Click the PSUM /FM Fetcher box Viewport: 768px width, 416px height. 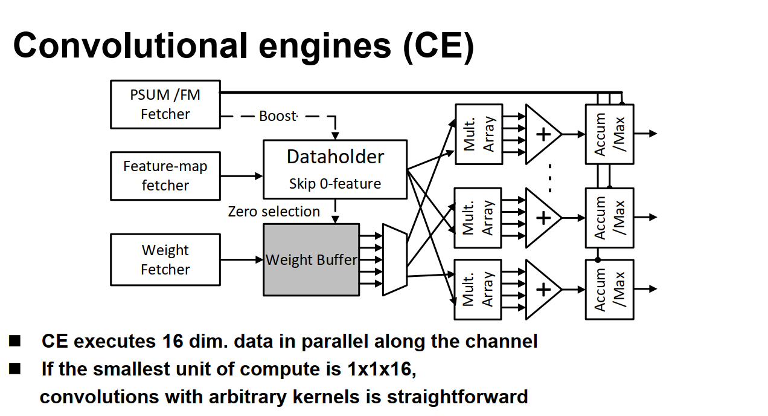[x=165, y=105]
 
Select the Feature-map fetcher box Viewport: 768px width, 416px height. [x=165, y=176]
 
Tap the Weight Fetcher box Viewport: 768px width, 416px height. [x=165, y=260]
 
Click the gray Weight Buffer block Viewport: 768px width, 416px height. [x=311, y=260]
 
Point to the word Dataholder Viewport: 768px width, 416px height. [x=335, y=157]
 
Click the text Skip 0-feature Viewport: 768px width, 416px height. [x=335, y=184]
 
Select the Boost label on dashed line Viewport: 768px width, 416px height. [x=278, y=116]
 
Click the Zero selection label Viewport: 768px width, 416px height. [x=274, y=212]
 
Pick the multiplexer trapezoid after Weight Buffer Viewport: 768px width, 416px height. [x=394, y=260]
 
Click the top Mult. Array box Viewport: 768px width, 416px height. [x=478, y=134]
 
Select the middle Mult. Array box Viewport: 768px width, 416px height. [x=478, y=218]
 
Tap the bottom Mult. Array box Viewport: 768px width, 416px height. [x=478, y=289]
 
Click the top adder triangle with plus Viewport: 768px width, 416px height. [x=542, y=134]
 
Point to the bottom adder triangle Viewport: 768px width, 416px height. [x=542, y=290]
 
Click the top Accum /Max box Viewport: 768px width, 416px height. [x=609, y=134]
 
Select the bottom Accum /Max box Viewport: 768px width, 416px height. [x=609, y=290]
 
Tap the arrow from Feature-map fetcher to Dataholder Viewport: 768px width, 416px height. [x=242, y=176]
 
